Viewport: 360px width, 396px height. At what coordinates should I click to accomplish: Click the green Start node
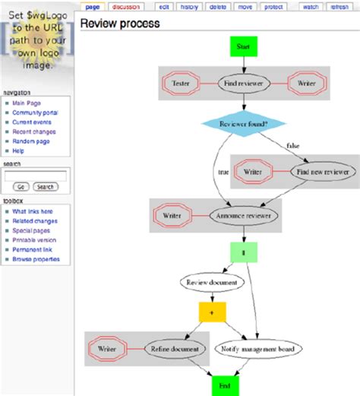[243, 46]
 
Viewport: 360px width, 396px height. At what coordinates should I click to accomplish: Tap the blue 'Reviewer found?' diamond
[243, 123]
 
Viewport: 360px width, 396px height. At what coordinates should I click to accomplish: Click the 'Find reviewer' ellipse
[243, 83]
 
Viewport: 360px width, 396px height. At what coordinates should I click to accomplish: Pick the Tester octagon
[181, 83]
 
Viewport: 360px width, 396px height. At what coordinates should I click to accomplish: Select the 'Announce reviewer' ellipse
[243, 215]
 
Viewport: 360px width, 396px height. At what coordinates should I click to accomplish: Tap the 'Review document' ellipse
[212, 283]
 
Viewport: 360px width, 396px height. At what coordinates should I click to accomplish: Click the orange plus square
[212, 312]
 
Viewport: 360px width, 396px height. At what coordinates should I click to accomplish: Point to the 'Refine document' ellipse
[175, 348]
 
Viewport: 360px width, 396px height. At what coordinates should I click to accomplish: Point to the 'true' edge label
[223, 172]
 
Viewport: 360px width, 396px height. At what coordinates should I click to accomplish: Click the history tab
[191, 7]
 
